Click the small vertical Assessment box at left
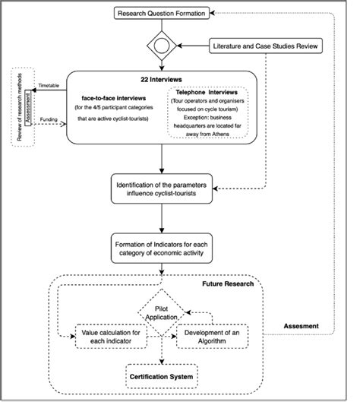click(x=27, y=107)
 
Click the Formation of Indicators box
click(x=162, y=248)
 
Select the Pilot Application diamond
click(x=162, y=312)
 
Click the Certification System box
click(x=162, y=375)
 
